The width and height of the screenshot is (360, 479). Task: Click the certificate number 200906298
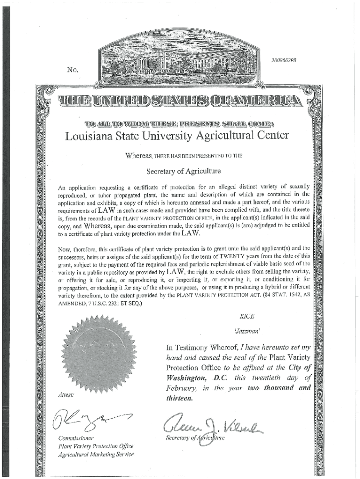(x=284, y=60)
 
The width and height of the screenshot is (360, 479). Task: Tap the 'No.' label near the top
(x=72, y=70)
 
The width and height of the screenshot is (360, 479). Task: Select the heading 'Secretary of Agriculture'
(x=180, y=171)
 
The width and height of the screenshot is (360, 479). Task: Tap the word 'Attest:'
(x=65, y=395)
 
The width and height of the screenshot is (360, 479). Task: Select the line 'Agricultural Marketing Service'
(x=96, y=454)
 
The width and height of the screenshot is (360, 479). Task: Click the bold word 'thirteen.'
(x=179, y=399)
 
